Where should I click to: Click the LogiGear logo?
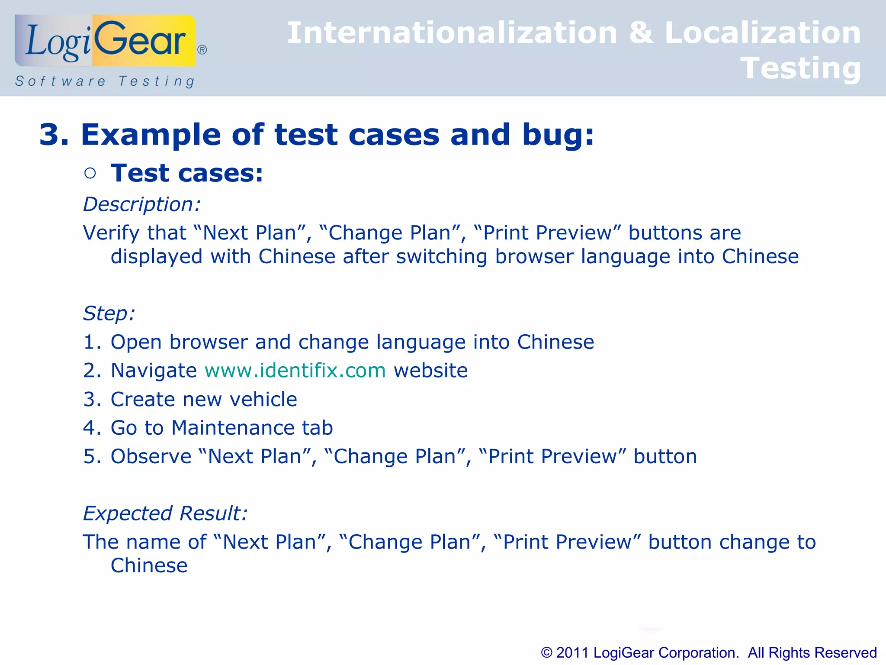(105, 41)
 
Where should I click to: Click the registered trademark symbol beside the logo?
(202, 50)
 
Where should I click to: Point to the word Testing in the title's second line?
(800, 68)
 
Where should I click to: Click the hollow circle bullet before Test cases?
(90, 174)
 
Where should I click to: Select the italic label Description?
(142, 204)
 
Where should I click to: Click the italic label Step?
(109, 313)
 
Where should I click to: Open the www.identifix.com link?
(295, 371)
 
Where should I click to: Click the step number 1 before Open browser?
(90, 342)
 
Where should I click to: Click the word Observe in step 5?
(151, 456)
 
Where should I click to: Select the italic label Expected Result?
(165, 513)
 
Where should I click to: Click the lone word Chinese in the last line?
(149, 565)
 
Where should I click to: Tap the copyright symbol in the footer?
(547, 652)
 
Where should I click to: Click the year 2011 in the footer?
(572, 652)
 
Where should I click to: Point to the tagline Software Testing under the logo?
(105, 81)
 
